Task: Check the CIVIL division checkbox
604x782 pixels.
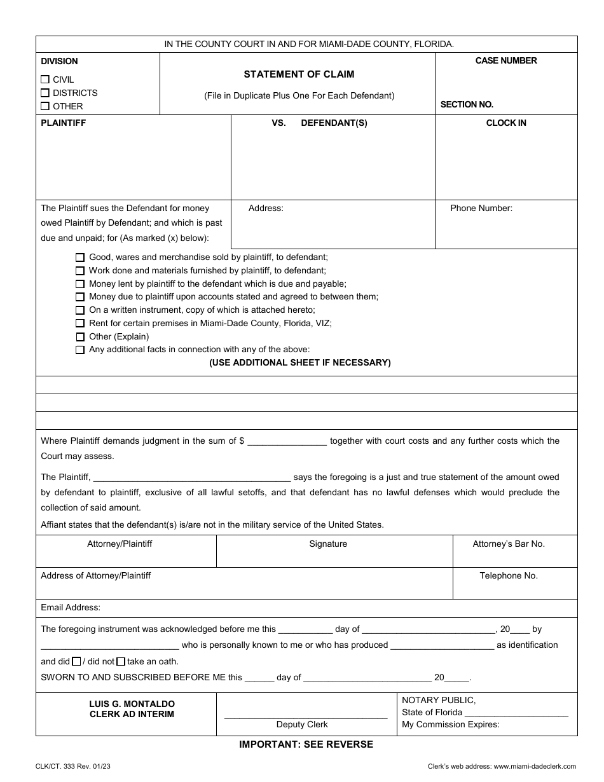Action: point(45,79)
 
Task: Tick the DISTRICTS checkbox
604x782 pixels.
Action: point(45,93)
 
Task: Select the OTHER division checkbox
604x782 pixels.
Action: point(45,106)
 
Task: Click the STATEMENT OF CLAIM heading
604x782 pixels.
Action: point(299,74)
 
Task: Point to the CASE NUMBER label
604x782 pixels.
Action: point(506,60)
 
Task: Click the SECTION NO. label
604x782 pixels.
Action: point(467,104)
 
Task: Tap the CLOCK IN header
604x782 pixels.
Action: point(506,123)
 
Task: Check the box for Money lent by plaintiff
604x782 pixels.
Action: point(80,284)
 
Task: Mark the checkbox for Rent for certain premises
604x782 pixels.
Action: point(80,324)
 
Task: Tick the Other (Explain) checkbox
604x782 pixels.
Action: point(80,337)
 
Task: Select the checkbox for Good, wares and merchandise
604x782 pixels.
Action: point(80,257)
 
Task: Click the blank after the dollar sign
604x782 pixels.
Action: point(287,441)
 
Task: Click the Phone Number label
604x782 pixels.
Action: point(481,208)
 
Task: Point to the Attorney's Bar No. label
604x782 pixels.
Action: point(509,544)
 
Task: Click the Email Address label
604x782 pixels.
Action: point(71,607)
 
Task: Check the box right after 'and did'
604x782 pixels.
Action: point(77,661)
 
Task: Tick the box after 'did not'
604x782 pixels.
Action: point(121,661)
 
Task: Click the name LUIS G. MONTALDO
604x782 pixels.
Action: point(132,704)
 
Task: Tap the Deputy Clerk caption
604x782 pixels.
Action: point(302,725)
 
